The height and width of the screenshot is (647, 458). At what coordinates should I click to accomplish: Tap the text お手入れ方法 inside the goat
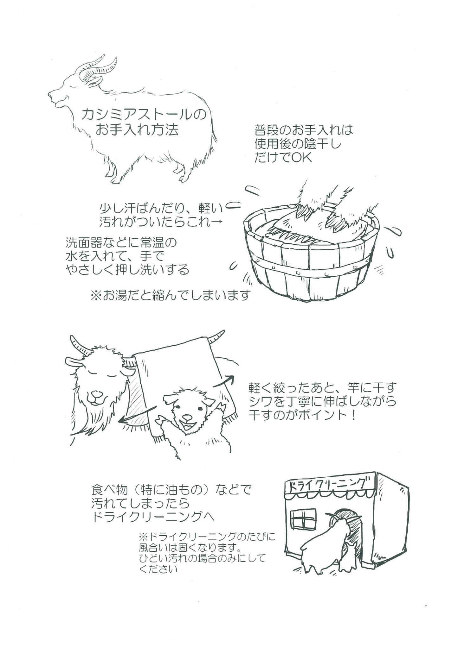[x=137, y=130]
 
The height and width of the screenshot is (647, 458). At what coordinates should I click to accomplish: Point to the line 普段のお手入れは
[x=304, y=130]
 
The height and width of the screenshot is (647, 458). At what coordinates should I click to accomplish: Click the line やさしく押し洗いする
[x=127, y=270]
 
